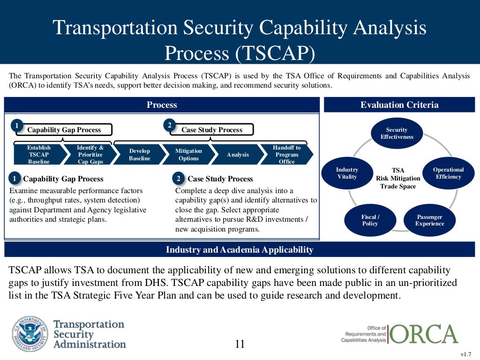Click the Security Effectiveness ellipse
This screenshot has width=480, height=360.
coord(397,134)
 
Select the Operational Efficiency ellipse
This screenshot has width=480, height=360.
coord(448,173)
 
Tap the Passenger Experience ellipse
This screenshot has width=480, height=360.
coord(429,220)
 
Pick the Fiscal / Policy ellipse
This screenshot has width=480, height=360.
coord(370,220)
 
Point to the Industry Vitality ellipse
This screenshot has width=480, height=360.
coord(347,173)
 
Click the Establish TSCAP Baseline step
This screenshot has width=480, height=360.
coord(38,155)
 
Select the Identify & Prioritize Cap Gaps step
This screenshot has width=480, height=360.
coord(90,155)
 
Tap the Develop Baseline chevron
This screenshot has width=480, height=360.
coord(139,155)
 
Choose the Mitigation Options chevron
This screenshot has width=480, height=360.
coord(188,155)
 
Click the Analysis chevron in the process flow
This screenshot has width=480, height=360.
coord(238,155)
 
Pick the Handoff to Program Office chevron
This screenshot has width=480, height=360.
coord(286,155)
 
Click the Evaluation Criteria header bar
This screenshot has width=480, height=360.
coord(399,105)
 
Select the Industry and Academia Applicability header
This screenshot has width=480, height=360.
coord(240,250)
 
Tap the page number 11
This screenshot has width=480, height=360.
coord(240,345)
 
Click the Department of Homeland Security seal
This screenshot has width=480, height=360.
coord(30,334)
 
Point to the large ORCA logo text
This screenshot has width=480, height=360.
coord(423,334)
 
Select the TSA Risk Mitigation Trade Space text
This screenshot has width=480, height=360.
coord(397,178)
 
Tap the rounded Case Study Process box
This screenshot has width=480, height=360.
coord(212,130)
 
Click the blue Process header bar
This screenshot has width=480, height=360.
coord(162,105)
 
